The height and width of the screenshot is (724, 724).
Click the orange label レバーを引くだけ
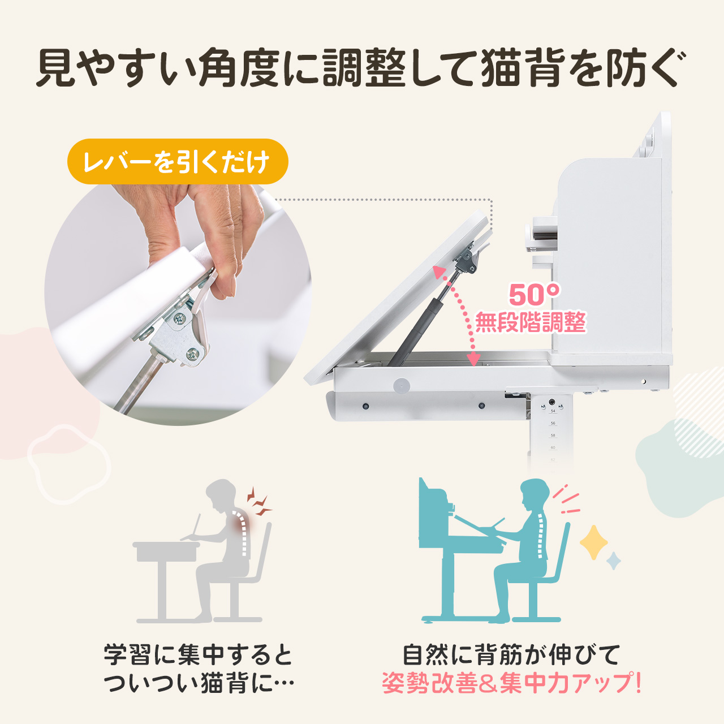[177, 162]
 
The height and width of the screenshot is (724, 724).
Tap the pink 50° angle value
[534, 295]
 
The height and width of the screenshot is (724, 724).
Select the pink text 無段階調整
[530, 323]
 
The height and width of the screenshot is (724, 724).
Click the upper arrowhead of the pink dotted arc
[439, 272]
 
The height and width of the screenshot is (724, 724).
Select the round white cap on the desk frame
[402, 386]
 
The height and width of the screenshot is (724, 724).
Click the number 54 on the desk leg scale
[553, 411]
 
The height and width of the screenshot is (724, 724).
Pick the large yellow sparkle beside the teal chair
[593, 542]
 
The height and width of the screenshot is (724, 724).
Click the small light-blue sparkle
[614, 561]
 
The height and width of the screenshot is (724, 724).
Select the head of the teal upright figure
[535, 494]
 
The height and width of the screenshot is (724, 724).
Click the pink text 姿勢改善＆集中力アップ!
[512, 683]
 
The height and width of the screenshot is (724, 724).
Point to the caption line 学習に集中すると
[198, 655]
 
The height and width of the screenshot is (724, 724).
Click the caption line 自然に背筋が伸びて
[511, 655]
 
